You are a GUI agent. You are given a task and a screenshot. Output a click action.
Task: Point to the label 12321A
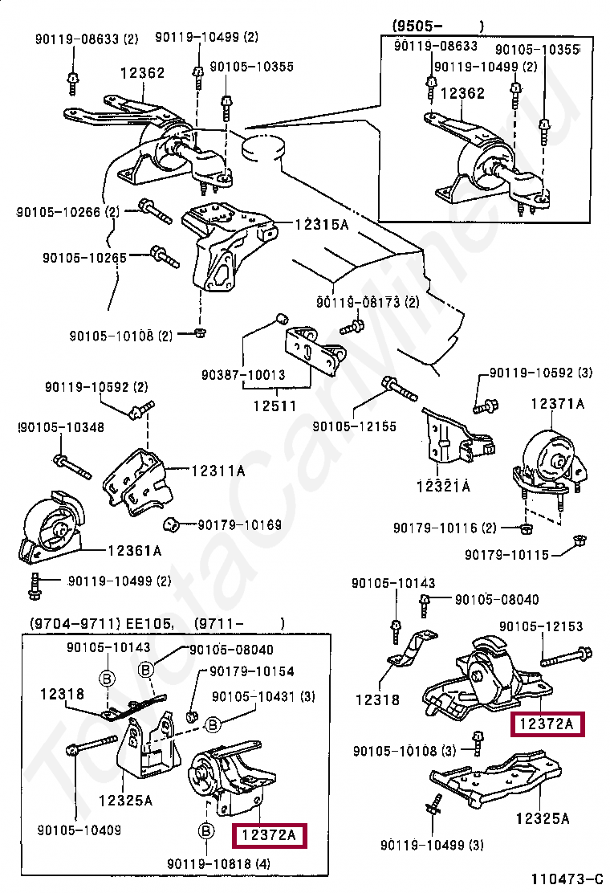pyautogui.click(x=442, y=486)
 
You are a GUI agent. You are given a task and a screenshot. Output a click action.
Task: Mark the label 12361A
pyautogui.click(x=134, y=551)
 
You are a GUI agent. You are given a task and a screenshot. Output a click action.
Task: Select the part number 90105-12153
pyautogui.click(x=541, y=626)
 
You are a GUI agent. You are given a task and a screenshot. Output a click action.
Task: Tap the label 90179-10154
pyautogui.click(x=252, y=671)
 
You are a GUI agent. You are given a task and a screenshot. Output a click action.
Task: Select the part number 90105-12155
pyautogui.click(x=354, y=427)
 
